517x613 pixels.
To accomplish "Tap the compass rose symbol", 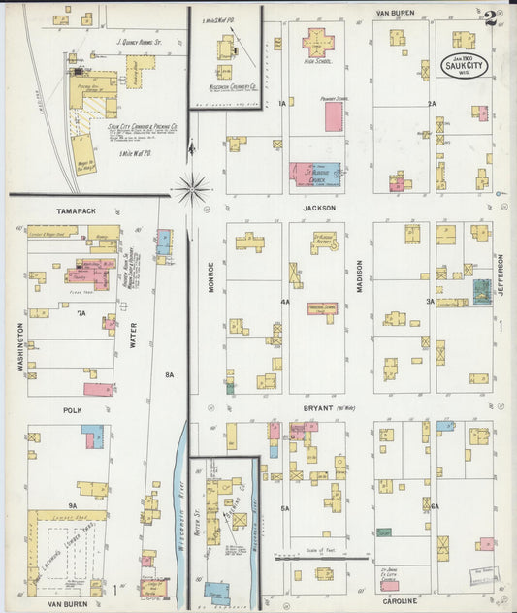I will point(193,188).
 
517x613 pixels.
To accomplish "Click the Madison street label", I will point(358,277).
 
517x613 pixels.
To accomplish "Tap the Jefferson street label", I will point(501,278).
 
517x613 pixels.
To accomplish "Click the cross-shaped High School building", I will point(317,42).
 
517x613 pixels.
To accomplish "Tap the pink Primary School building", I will point(333,116).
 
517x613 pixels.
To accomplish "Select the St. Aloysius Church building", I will point(314,175).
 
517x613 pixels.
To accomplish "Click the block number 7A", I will point(81,312).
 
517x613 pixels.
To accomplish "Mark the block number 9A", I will point(72,505).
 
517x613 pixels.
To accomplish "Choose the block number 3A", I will point(430,302).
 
